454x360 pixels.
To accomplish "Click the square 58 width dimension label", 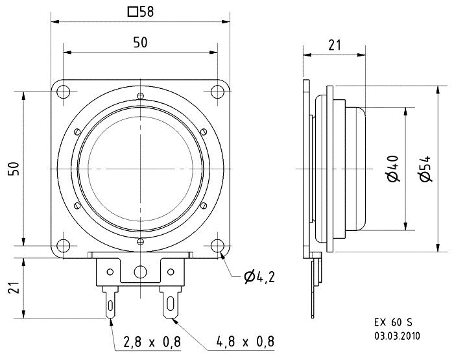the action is (x=141, y=12).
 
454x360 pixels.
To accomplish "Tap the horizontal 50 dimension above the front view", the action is (x=141, y=43).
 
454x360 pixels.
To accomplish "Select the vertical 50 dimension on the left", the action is (x=14, y=169).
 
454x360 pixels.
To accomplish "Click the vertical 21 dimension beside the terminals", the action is (x=14, y=287).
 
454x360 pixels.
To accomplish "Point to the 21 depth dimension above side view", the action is (x=335, y=45).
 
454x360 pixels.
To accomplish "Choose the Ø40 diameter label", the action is (x=393, y=169).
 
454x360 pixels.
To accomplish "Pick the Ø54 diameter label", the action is (x=425, y=169).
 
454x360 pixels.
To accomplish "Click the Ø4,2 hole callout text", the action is (x=259, y=277).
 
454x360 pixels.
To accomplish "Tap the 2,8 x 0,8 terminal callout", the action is (x=152, y=342).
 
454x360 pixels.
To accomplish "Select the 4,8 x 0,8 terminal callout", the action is (x=245, y=342).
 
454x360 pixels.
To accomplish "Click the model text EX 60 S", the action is (x=393, y=322).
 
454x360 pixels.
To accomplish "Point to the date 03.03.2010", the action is (x=397, y=335).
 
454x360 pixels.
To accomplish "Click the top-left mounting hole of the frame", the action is (x=63, y=92).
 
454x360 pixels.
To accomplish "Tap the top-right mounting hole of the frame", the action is (x=217, y=92).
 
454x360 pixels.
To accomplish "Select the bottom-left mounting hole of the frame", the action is (x=63, y=246).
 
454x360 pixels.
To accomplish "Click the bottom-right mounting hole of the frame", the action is (x=217, y=246).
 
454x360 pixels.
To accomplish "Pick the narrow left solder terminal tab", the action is (x=110, y=303).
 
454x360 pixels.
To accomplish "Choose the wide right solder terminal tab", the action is (x=171, y=303).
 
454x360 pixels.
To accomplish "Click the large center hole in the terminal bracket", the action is (x=141, y=272).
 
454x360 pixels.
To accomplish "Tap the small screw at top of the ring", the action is (x=141, y=95).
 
